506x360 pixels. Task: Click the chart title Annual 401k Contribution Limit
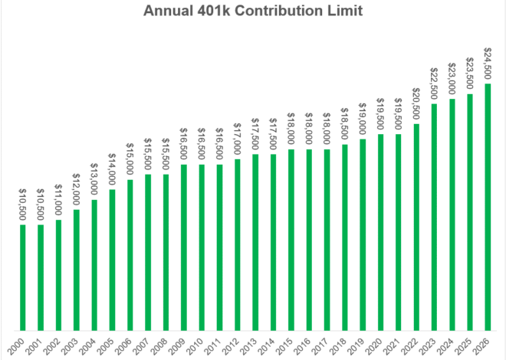click(253, 13)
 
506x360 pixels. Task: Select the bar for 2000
click(23, 277)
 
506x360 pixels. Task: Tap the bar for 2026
click(488, 207)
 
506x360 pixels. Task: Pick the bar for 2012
click(238, 244)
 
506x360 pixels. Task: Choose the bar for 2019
click(363, 234)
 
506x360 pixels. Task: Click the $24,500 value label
click(488, 64)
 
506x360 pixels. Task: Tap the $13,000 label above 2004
click(94, 181)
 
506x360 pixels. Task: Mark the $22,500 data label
click(434, 85)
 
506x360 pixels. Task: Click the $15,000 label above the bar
click(130, 160)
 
